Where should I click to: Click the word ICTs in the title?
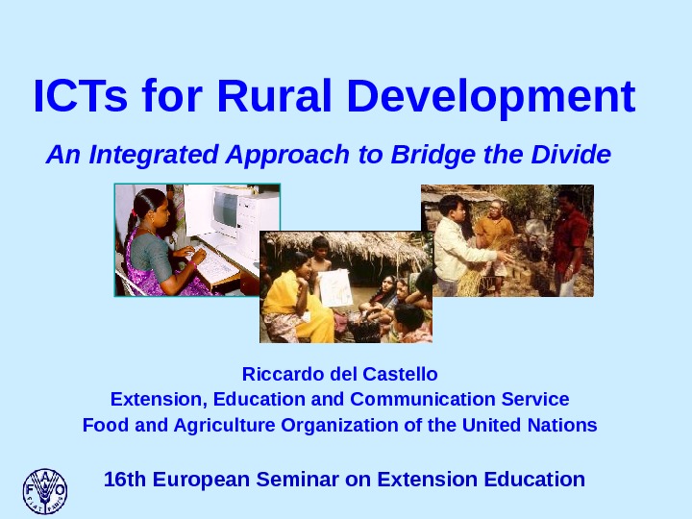point(81,97)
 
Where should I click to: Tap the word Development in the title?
point(490,97)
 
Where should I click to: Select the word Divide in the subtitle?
point(577,154)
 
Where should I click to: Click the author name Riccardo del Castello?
point(339,373)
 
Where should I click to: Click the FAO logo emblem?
point(45,490)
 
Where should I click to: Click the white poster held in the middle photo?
point(336,286)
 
